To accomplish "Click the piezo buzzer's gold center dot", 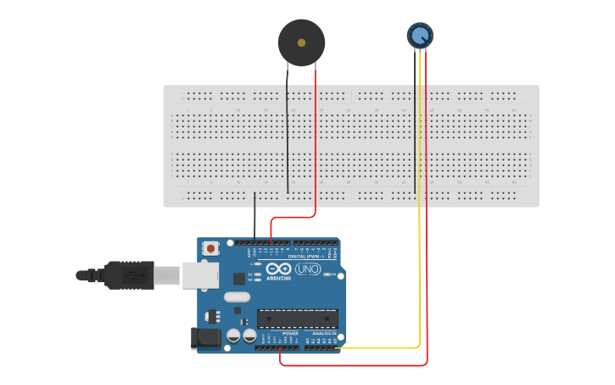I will tap(301, 42).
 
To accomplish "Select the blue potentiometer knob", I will tap(420, 35).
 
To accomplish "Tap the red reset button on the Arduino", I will tap(210, 248).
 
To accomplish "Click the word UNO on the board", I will tap(307, 269).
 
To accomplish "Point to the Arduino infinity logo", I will tap(278, 269).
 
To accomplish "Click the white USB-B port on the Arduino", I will tap(200, 275).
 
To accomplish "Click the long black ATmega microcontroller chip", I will tap(298, 319).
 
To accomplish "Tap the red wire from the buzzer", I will tap(316, 144).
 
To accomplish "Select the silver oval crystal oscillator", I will tap(238, 297).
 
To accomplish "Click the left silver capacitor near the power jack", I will tap(233, 337).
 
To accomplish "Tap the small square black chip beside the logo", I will tap(239, 278).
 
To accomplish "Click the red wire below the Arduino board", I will tap(356, 365).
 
